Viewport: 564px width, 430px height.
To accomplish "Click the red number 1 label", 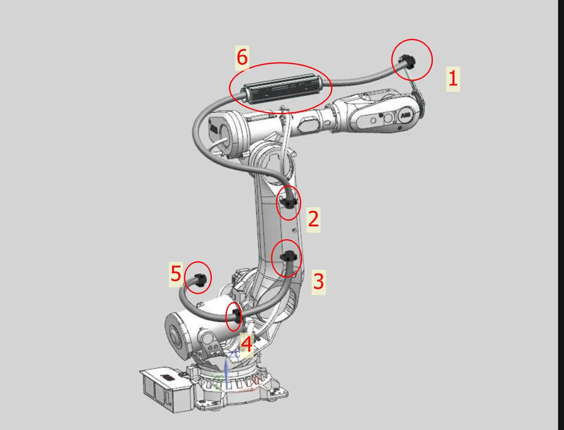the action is click(x=453, y=79).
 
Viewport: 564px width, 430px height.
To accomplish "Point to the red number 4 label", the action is click(x=247, y=344).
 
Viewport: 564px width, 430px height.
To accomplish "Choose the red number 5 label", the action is click(x=176, y=274).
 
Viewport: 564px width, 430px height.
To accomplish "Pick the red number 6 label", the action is click(x=242, y=58).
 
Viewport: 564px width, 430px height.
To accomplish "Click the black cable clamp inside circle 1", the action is click(x=407, y=62).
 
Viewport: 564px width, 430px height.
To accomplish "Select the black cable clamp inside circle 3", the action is click(x=288, y=257).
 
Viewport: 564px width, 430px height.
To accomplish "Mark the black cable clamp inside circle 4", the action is click(x=236, y=316).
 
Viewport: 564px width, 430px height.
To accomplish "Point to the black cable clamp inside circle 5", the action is click(x=199, y=280).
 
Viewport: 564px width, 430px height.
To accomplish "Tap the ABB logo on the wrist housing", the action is click(x=406, y=115).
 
